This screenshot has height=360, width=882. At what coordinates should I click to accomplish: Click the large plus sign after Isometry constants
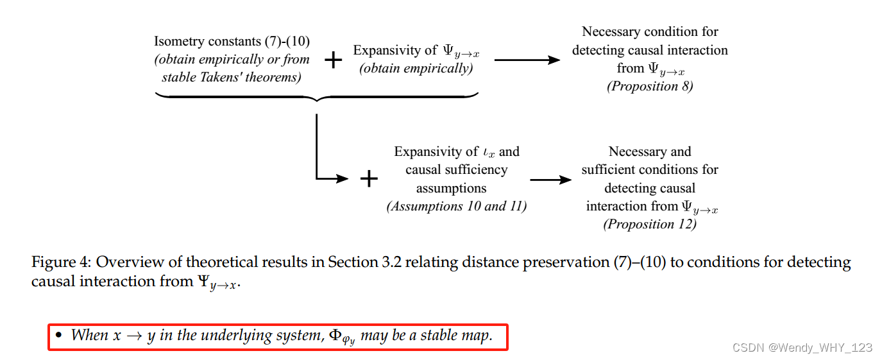tap(333, 60)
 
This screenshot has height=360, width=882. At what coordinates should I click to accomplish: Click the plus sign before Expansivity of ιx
tap(369, 179)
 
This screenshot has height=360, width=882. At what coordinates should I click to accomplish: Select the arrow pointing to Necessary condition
tap(527, 60)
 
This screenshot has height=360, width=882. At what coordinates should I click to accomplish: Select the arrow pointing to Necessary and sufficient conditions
tap(550, 180)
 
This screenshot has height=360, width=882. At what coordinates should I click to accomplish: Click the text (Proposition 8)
tap(650, 86)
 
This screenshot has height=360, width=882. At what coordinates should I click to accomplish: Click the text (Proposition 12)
tap(650, 224)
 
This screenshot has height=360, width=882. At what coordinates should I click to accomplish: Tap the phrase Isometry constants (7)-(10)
tap(232, 42)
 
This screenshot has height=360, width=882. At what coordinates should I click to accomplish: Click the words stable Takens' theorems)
tap(231, 78)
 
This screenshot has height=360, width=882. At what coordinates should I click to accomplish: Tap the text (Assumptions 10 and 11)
tap(457, 206)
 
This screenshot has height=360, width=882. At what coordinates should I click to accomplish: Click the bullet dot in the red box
tap(58, 335)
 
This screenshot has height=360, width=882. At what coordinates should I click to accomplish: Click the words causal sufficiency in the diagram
tap(456, 170)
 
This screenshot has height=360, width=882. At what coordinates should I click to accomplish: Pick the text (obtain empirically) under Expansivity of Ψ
tap(416, 69)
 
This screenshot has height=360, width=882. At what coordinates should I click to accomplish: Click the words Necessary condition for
tap(650, 31)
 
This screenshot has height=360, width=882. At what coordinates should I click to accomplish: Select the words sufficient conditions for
tap(650, 170)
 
